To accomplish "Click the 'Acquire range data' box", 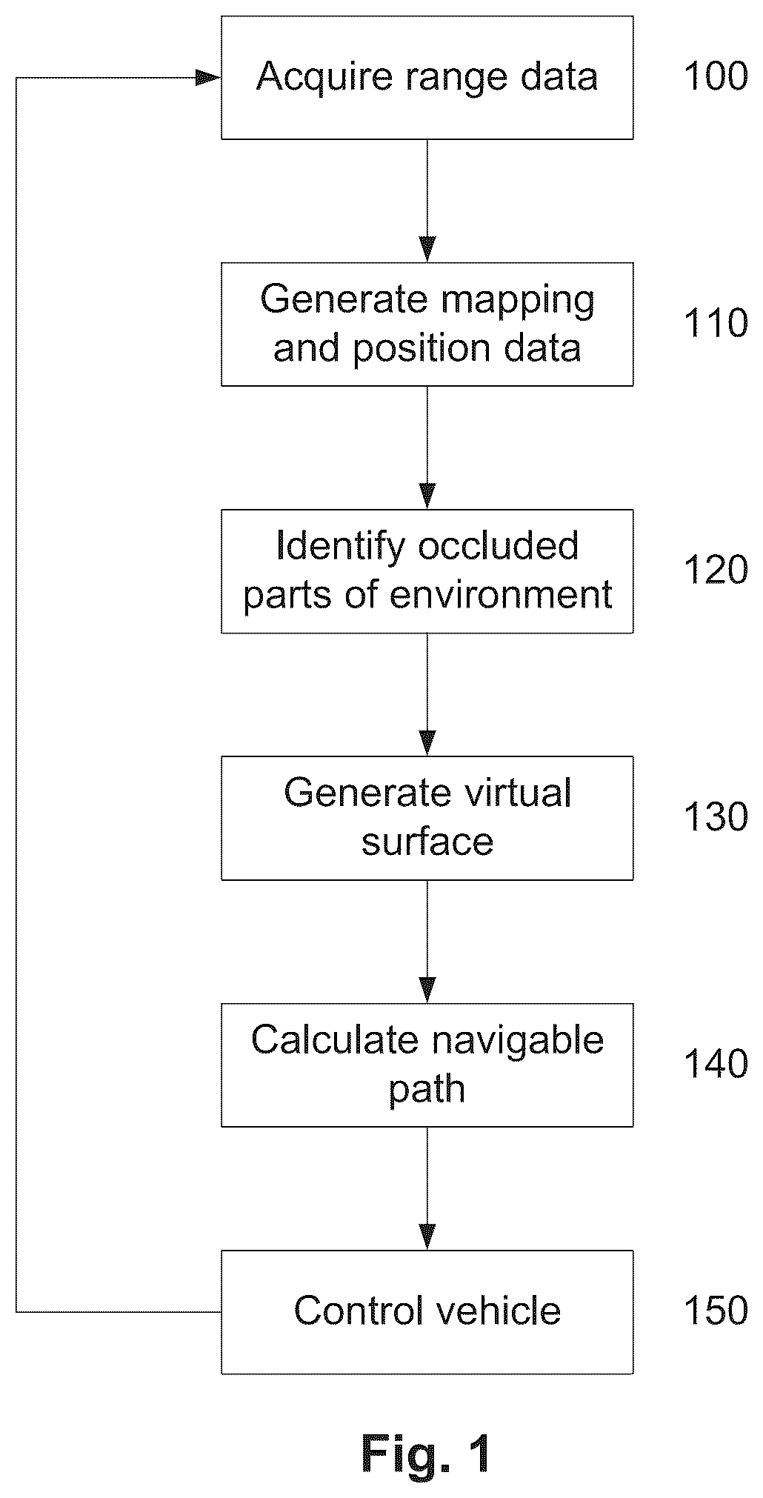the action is (x=427, y=78).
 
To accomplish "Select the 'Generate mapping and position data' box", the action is (x=427, y=324).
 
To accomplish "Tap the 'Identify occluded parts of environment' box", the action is (x=427, y=571).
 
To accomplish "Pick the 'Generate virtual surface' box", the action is (x=427, y=818).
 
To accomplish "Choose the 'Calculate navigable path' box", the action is (x=427, y=1065).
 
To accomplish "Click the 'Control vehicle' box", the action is (x=427, y=1312).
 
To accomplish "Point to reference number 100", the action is (x=716, y=77).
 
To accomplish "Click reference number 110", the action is (x=716, y=324).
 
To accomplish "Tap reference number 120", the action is (x=716, y=570).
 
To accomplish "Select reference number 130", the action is (x=716, y=817).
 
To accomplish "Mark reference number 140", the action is (x=716, y=1065).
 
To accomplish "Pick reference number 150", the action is (x=716, y=1311).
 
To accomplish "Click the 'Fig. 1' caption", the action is (x=426, y=1454).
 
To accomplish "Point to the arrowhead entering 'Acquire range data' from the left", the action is (x=208, y=78).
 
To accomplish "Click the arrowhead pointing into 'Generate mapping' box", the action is (x=427, y=250).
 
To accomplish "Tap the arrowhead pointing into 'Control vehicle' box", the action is (x=427, y=1237).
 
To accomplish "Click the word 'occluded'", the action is (x=499, y=547).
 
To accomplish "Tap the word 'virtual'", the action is (x=518, y=793).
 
